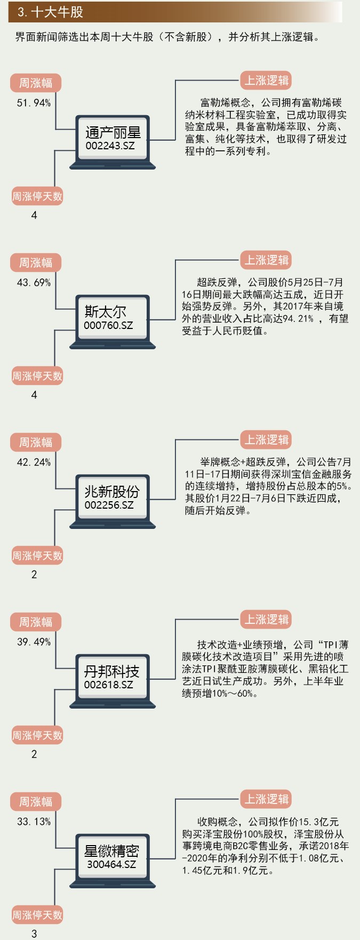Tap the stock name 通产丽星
click(113, 133)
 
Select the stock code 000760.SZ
click(108, 325)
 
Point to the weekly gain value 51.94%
click(34, 103)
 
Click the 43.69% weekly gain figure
click(34, 283)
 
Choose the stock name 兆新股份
click(112, 492)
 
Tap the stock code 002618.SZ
click(108, 685)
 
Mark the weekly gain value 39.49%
click(34, 642)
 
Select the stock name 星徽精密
click(112, 851)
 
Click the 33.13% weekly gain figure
click(34, 822)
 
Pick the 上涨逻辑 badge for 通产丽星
click(266, 81)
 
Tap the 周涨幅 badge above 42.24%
click(36, 443)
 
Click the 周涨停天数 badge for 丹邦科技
click(37, 736)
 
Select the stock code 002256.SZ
click(109, 505)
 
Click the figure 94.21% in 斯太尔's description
click(298, 319)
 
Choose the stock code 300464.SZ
click(111, 864)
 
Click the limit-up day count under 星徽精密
click(34, 934)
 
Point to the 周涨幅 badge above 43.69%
click(36, 263)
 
